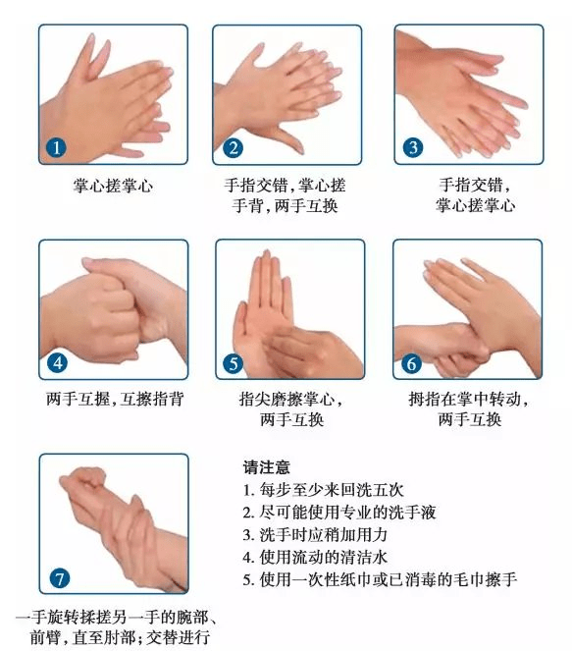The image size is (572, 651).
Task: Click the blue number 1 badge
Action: [x=56, y=147]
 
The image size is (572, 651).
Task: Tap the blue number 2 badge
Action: [x=234, y=148]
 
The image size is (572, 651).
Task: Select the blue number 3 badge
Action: [x=413, y=148]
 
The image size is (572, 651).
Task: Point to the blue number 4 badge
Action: [x=57, y=363]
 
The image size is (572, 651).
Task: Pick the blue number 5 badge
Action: [x=234, y=363]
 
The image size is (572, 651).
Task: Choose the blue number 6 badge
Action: [x=411, y=363]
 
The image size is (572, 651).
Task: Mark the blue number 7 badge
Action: [x=59, y=578]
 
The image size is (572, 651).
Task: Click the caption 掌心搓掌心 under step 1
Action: [x=113, y=186]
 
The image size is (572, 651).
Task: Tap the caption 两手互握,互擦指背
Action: [x=115, y=399]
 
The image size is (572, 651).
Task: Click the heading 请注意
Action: [x=266, y=467]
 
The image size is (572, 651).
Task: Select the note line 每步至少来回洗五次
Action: [x=323, y=490]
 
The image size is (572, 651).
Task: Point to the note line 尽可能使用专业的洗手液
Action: [x=339, y=513]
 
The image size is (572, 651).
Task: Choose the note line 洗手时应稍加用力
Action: [x=315, y=535]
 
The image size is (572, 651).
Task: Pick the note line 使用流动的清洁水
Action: [x=315, y=557]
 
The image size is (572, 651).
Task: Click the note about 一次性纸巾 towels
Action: [x=380, y=579]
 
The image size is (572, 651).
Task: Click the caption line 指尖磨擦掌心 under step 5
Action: [x=290, y=399]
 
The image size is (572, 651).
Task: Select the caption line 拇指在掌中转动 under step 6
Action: [x=468, y=399]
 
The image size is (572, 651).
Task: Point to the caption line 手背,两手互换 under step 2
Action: [x=285, y=205]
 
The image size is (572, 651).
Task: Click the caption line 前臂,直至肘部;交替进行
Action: [x=120, y=637]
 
